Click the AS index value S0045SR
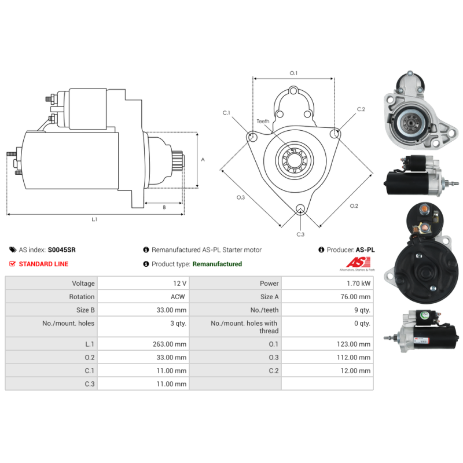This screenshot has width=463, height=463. [62, 250]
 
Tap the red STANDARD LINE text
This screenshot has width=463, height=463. [44, 264]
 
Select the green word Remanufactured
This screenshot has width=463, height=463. [217, 264]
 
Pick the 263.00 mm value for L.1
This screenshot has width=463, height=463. [170, 344]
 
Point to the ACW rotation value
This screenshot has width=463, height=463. [178, 297]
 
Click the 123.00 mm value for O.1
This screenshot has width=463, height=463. [354, 344]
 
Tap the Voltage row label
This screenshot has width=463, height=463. [83, 284]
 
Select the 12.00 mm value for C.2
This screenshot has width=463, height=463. [355, 370]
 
